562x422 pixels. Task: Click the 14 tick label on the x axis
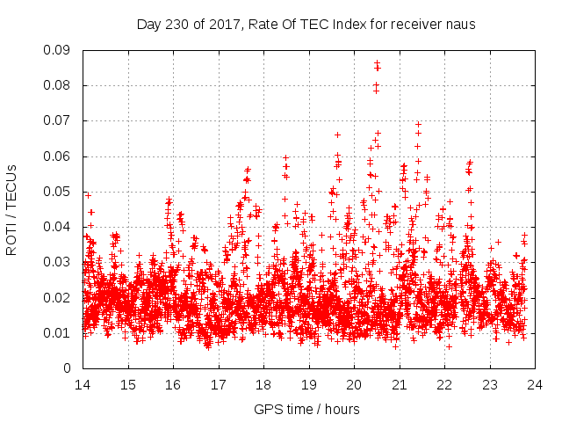(x=83, y=384)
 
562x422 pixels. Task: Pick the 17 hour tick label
(x=219, y=384)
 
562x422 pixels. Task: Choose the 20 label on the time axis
(x=354, y=384)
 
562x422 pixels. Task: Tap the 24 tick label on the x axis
(x=535, y=384)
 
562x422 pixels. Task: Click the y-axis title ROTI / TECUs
(x=12, y=209)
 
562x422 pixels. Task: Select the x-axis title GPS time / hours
(x=308, y=409)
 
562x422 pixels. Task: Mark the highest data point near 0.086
(x=377, y=63)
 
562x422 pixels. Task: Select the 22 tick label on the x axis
(x=444, y=384)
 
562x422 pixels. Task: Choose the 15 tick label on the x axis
(x=128, y=384)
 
